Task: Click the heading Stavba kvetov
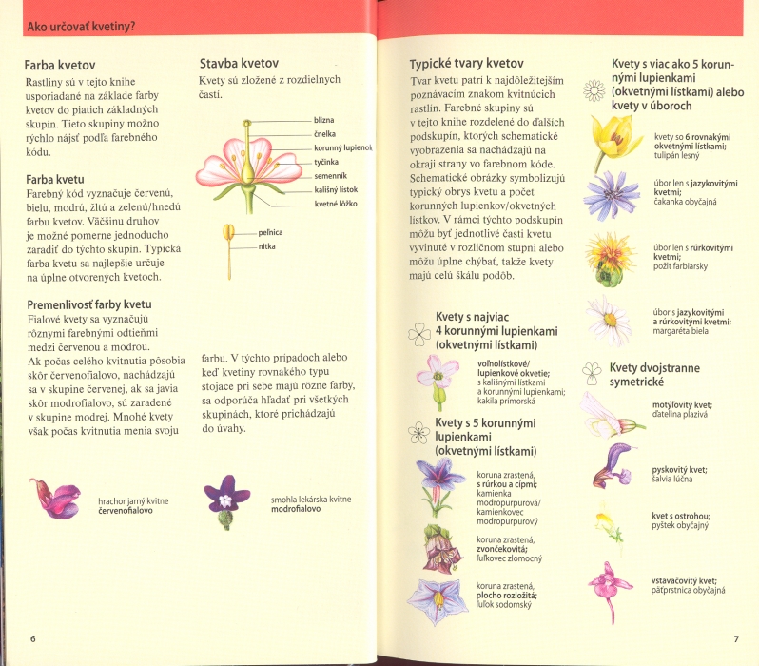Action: (x=238, y=63)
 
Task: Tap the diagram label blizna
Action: (x=324, y=121)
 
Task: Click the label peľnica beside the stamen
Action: (x=270, y=231)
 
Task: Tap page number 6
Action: (x=33, y=637)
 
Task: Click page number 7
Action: (x=733, y=637)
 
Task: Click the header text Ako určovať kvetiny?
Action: (x=80, y=26)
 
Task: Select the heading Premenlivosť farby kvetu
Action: (x=89, y=304)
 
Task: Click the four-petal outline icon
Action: (x=418, y=332)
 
